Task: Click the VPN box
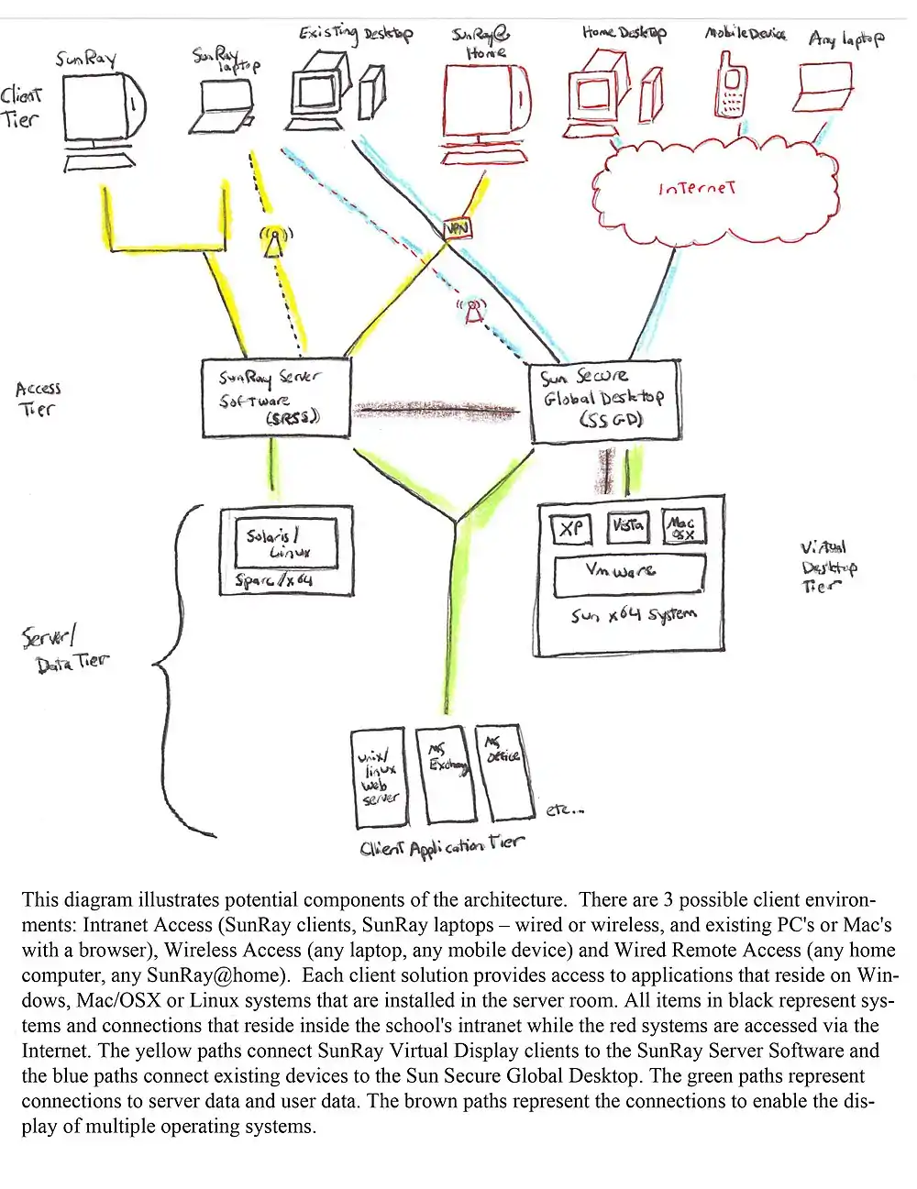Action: pyautogui.click(x=456, y=228)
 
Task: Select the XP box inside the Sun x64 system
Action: pyautogui.click(x=570, y=528)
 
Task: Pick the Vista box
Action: pyautogui.click(x=628, y=526)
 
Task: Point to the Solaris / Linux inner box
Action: pyautogui.click(x=286, y=542)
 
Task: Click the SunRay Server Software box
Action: pyautogui.click(x=276, y=398)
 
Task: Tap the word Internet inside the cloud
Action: pyautogui.click(x=697, y=189)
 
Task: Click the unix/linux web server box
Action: pyautogui.click(x=380, y=778)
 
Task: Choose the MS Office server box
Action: pyautogui.click(x=503, y=771)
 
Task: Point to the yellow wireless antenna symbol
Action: pyautogui.click(x=272, y=241)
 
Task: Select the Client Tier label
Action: pyautogui.click(x=21, y=106)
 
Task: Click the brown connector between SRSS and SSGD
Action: pyautogui.click(x=438, y=410)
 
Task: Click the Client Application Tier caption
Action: pyautogui.click(x=442, y=847)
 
